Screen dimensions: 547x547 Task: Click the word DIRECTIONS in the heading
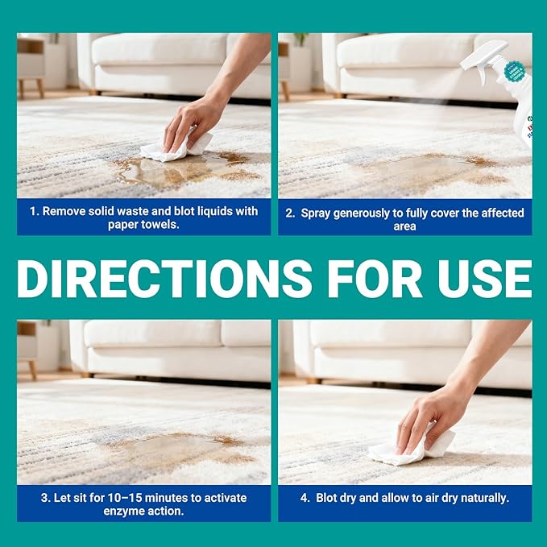(x=164, y=279)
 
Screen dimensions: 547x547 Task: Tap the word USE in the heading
(x=484, y=279)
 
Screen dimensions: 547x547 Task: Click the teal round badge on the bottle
(x=515, y=72)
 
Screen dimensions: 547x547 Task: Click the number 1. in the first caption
(x=34, y=211)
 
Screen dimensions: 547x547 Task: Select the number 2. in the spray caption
(x=290, y=213)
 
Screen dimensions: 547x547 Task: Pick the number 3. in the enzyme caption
(x=46, y=498)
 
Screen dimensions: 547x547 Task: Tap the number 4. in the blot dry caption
(x=305, y=498)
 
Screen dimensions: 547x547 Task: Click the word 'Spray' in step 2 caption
(x=315, y=213)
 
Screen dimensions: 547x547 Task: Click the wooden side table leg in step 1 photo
(x=40, y=89)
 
